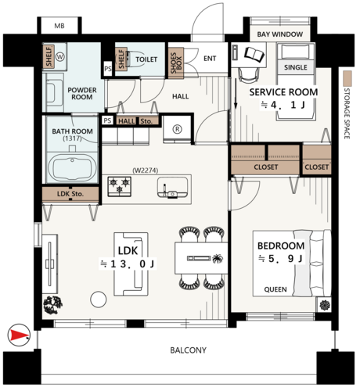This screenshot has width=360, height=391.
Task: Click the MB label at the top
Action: click(x=59, y=26)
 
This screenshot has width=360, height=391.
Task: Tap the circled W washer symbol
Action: click(x=60, y=56)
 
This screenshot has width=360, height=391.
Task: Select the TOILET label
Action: click(x=146, y=59)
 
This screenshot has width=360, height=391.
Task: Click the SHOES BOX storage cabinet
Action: click(x=176, y=63)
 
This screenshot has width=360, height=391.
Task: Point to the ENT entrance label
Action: click(x=210, y=59)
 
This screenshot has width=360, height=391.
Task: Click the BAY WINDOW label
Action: click(x=280, y=34)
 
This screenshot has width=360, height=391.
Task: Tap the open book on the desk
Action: click(x=254, y=55)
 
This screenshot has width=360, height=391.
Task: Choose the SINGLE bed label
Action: click(x=296, y=67)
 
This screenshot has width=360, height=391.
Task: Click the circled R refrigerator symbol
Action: click(x=178, y=129)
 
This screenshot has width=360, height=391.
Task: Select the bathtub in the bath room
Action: click(x=72, y=167)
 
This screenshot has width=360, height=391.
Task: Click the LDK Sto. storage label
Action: click(x=70, y=194)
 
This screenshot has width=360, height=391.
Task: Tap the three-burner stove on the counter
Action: click(x=120, y=186)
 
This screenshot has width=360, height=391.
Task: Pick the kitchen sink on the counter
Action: click(x=172, y=188)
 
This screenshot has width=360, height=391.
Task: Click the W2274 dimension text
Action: click(x=146, y=170)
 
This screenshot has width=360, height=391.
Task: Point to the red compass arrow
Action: click(x=19, y=335)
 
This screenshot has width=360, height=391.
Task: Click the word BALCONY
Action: click(x=188, y=350)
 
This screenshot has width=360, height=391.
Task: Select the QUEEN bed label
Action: click(x=275, y=289)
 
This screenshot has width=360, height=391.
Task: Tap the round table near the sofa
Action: click(x=99, y=300)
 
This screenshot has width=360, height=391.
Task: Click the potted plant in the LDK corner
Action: click(x=53, y=305)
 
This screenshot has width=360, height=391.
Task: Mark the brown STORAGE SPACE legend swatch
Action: click(x=347, y=79)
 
